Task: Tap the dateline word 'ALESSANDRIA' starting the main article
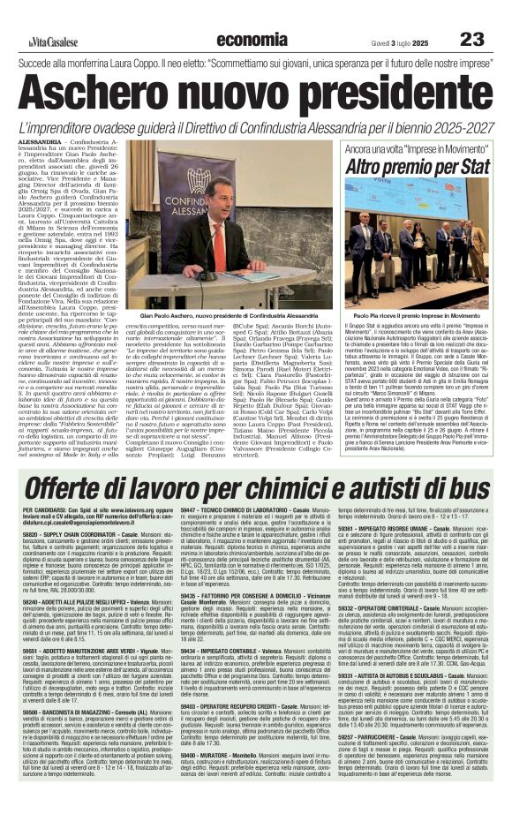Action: pos(39,141)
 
